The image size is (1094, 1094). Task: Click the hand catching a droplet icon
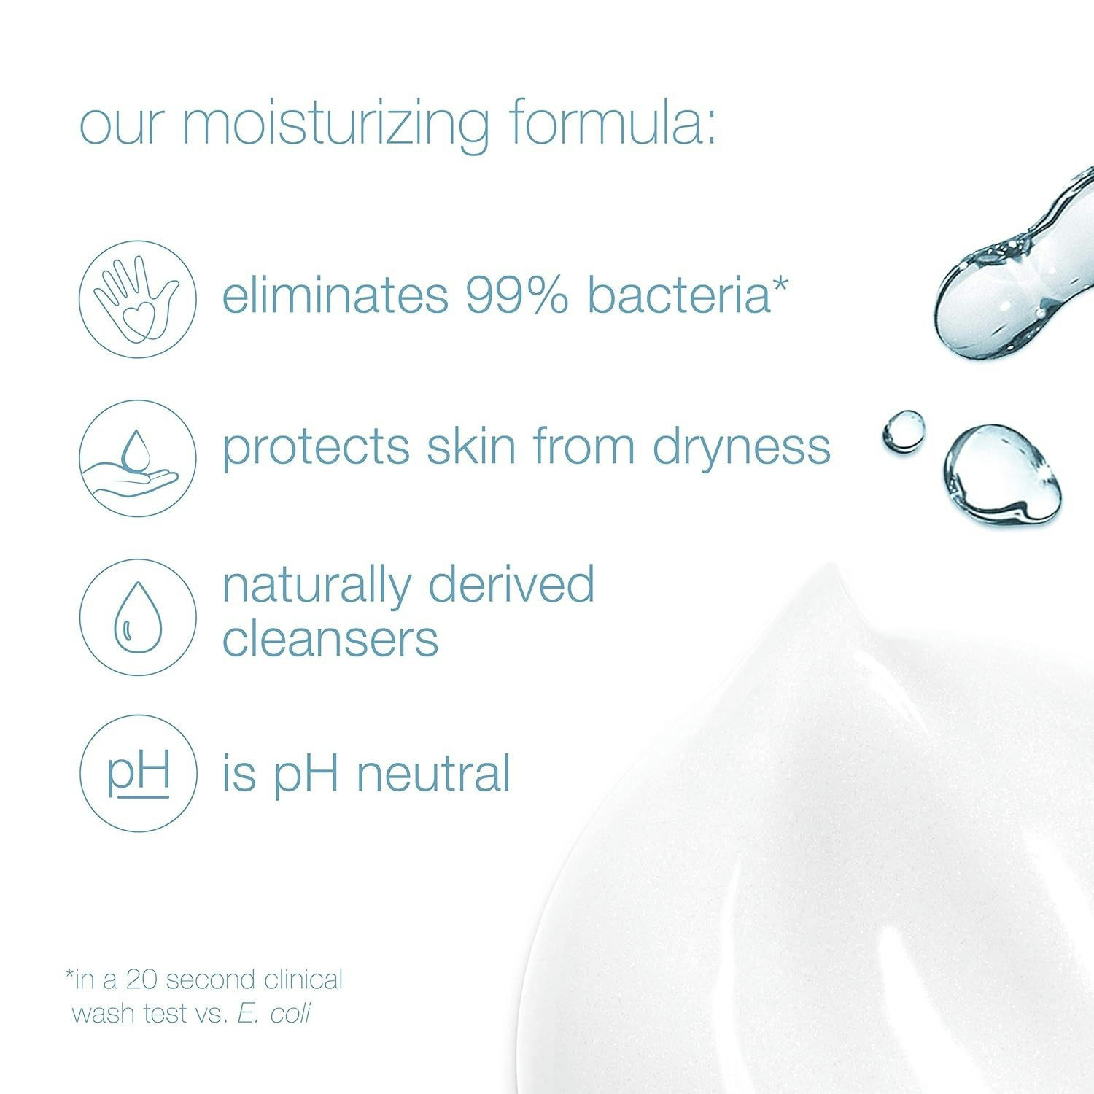(x=138, y=458)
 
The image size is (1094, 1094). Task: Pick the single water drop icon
(x=138, y=617)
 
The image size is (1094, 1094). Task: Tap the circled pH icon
(x=138, y=773)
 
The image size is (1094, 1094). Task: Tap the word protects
(x=315, y=446)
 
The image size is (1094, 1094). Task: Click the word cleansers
(x=330, y=639)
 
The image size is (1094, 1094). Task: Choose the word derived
(x=511, y=584)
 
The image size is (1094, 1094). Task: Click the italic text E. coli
(x=274, y=1013)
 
